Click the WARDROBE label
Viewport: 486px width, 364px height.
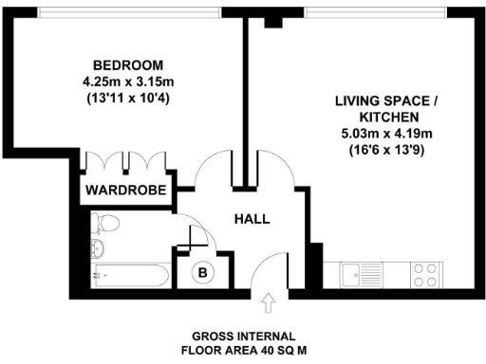point(126,191)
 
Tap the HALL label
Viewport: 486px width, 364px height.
point(252,219)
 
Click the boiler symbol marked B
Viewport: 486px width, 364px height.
point(203,274)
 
